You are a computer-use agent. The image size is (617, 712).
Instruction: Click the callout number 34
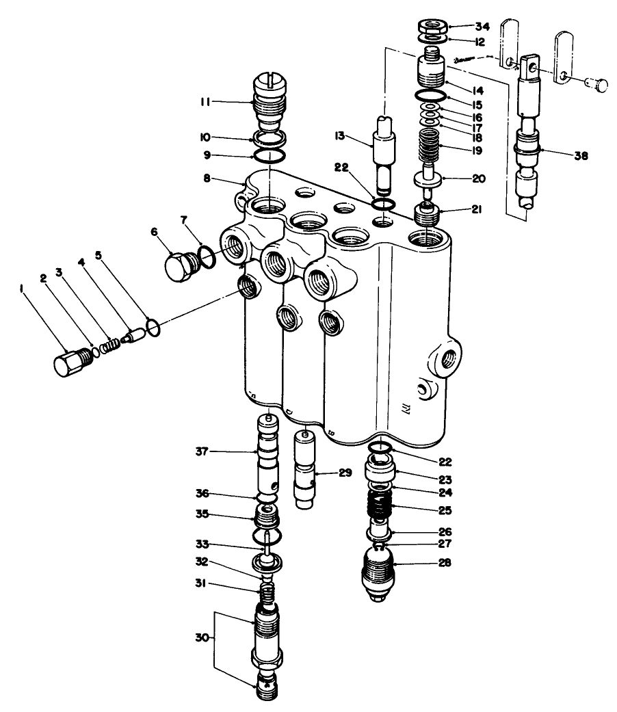464,27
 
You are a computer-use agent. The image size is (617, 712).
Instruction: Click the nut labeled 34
430,27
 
